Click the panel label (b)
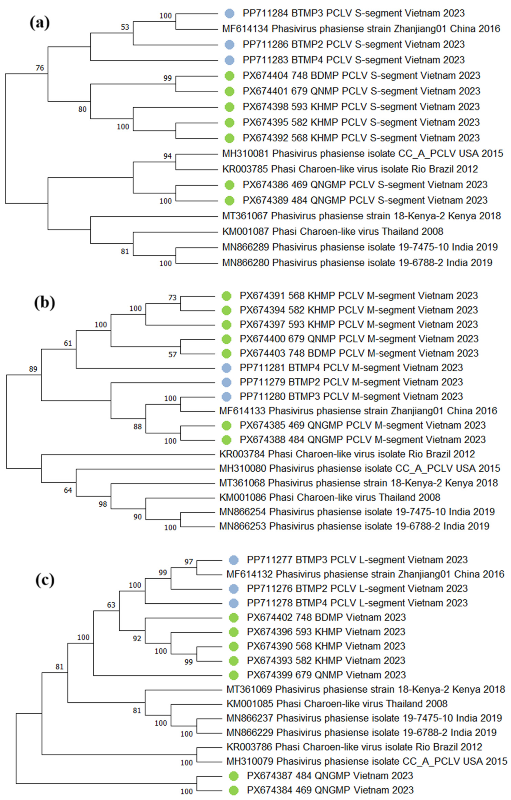pos(44,303)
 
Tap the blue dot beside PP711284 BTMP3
pos(229,13)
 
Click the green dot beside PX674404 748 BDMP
pos(229,76)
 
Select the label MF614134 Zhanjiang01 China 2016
pos(361,29)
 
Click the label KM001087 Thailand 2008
pos(333,231)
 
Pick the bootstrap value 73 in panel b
pos(172,298)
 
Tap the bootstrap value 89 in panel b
pos(33,369)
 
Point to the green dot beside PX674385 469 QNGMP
pos(227,425)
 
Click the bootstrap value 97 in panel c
pos(188,562)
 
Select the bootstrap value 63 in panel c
pos(111,605)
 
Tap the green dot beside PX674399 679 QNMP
pos(234,675)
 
